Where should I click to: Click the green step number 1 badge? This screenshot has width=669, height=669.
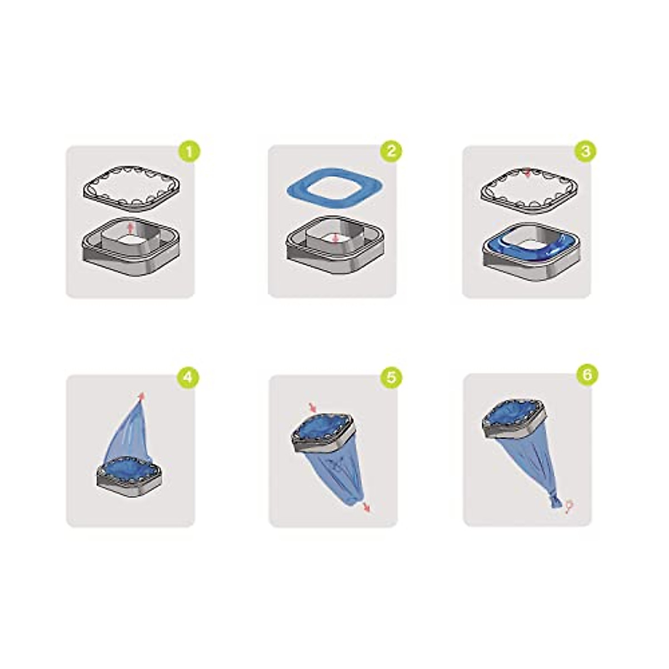coord(190,151)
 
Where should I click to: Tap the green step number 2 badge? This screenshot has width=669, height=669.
coord(391,151)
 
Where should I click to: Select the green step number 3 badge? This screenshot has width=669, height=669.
coord(585,151)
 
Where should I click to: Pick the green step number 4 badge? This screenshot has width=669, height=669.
coord(188,377)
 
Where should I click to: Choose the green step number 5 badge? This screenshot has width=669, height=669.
coord(391,377)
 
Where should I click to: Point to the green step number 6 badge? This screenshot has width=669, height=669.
coord(586,375)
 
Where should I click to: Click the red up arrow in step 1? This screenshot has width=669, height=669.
coord(131,227)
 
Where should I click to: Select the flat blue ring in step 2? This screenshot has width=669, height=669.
coord(295,190)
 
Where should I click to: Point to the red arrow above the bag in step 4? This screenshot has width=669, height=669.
coord(142,395)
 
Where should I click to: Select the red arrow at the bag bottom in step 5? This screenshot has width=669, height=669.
coord(366,506)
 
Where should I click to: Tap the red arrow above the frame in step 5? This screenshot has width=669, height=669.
coord(312,407)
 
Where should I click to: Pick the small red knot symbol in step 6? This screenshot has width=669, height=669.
coord(569,506)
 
